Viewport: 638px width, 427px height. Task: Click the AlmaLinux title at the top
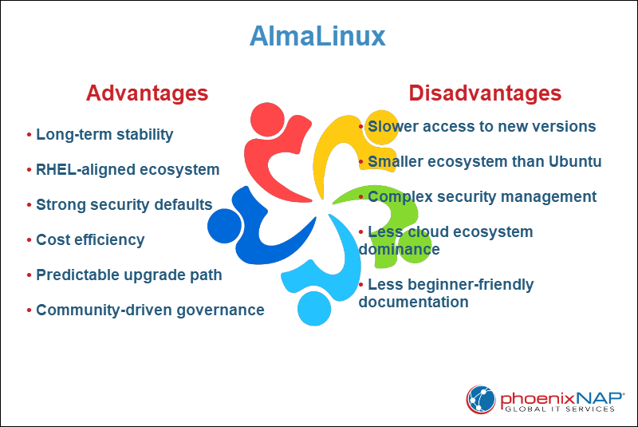coord(317,37)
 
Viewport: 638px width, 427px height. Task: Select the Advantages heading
coord(147,93)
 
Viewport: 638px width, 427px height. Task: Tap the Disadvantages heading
coord(485,93)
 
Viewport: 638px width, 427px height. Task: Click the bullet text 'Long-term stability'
coord(104,134)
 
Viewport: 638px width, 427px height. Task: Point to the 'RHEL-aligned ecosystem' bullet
coord(128,169)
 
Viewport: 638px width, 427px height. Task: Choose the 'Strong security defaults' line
coord(124,204)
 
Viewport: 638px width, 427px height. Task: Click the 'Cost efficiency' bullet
coord(90,239)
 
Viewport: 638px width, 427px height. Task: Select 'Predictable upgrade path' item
coord(128,275)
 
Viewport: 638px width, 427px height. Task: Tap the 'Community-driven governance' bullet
coord(150,310)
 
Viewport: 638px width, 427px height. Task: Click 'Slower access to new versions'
coord(482,126)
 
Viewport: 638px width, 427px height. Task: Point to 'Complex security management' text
coord(482,196)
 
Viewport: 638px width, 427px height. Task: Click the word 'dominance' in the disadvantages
coord(399,249)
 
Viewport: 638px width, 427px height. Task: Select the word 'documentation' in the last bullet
coord(413,302)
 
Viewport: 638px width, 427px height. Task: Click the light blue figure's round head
coord(313,307)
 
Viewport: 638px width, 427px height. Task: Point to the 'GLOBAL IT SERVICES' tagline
coord(559,409)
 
